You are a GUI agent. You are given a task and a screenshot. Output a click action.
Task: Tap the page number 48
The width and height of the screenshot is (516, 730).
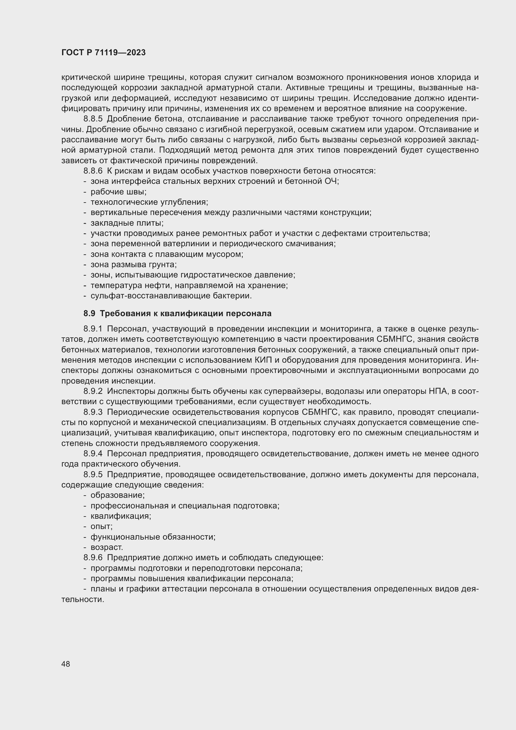(x=66, y=664)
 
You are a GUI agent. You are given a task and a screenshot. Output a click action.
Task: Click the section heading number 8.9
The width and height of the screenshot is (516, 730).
(x=89, y=313)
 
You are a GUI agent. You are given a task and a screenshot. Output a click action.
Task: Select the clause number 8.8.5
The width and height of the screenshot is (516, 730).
(x=93, y=119)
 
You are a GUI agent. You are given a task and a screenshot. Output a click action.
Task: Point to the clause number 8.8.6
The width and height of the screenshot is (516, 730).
(x=93, y=171)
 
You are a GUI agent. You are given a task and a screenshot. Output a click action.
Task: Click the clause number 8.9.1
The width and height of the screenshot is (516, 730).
(x=93, y=329)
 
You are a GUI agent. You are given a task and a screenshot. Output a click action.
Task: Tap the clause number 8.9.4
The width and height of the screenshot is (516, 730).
(x=93, y=454)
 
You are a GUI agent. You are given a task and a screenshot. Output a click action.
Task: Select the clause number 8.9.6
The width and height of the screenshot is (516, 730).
(x=93, y=558)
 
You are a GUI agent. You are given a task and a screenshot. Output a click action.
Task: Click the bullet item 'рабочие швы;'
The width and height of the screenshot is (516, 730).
(x=118, y=192)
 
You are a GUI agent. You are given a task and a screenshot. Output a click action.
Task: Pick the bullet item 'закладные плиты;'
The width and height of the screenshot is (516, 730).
(x=127, y=223)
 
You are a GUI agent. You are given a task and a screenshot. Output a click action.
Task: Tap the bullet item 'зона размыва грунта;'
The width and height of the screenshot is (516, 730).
(x=134, y=265)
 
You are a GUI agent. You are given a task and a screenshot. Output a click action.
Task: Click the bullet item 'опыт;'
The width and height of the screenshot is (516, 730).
(x=101, y=527)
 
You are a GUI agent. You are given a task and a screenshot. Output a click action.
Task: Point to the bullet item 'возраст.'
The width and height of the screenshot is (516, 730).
(x=106, y=547)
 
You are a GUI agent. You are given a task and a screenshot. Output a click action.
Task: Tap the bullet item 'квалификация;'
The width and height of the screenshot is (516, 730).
(x=121, y=516)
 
